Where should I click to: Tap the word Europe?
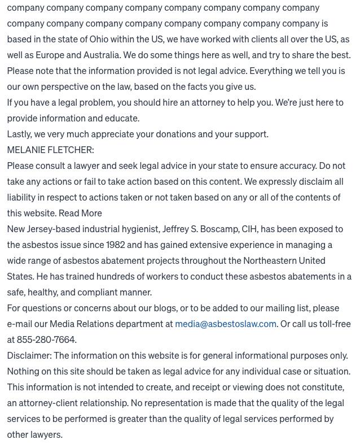[x=51, y=55]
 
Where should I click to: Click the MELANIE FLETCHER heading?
[x=50, y=150]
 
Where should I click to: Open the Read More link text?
[x=80, y=213]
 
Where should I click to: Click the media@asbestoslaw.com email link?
[x=226, y=324]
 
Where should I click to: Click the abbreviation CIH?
[x=249, y=229]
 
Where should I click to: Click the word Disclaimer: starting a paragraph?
[x=29, y=355]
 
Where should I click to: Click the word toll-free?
[x=330, y=324]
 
